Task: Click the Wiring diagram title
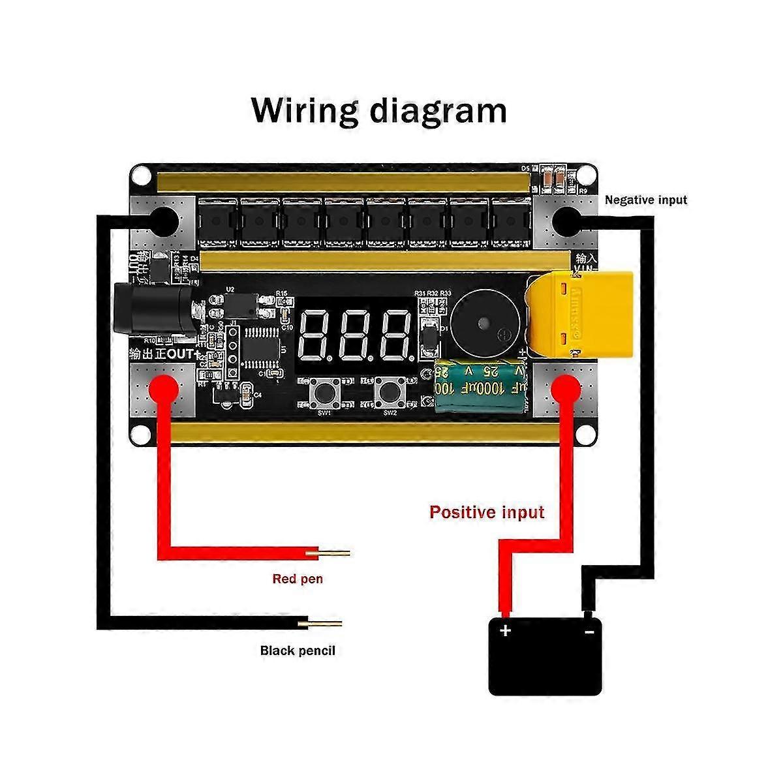click(x=379, y=110)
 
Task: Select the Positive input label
click(x=486, y=512)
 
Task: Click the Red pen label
click(x=298, y=579)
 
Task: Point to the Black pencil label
click(x=298, y=651)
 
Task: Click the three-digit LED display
click(x=356, y=335)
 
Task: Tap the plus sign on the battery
click(x=505, y=630)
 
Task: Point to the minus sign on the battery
click(x=589, y=631)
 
